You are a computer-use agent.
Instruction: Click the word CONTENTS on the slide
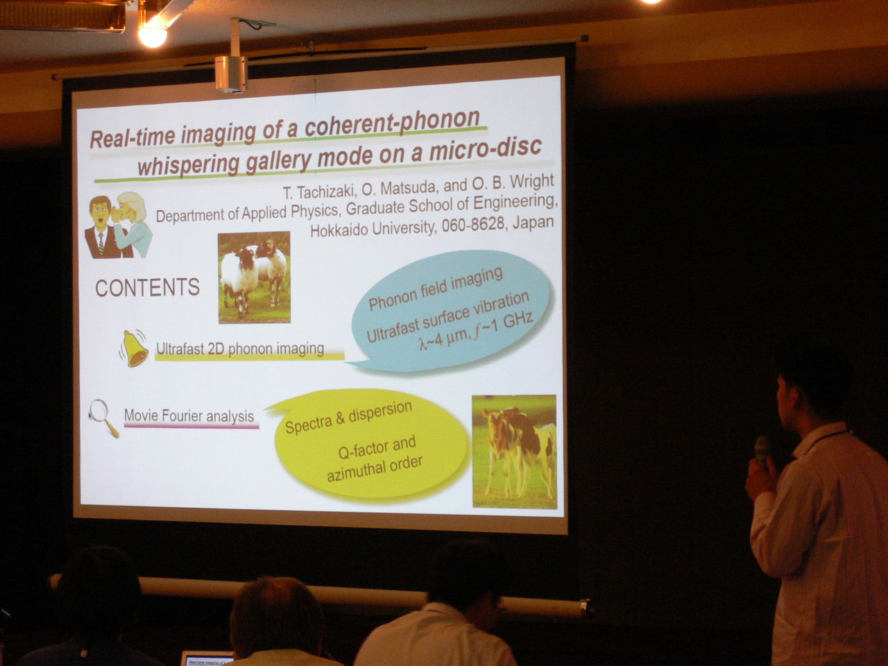147,287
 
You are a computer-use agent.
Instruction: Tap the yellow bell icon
134,348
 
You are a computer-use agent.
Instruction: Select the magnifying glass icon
103,418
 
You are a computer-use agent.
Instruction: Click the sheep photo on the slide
255,277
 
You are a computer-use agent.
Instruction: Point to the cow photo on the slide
515,452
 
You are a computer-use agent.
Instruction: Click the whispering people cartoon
118,225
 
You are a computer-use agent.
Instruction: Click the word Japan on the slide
533,222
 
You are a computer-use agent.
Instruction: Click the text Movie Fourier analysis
189,416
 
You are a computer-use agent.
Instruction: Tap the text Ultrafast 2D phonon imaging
240,348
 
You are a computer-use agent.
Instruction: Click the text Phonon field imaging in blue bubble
436,289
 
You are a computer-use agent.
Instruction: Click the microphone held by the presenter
762,450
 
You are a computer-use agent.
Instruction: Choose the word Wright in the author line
531,182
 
